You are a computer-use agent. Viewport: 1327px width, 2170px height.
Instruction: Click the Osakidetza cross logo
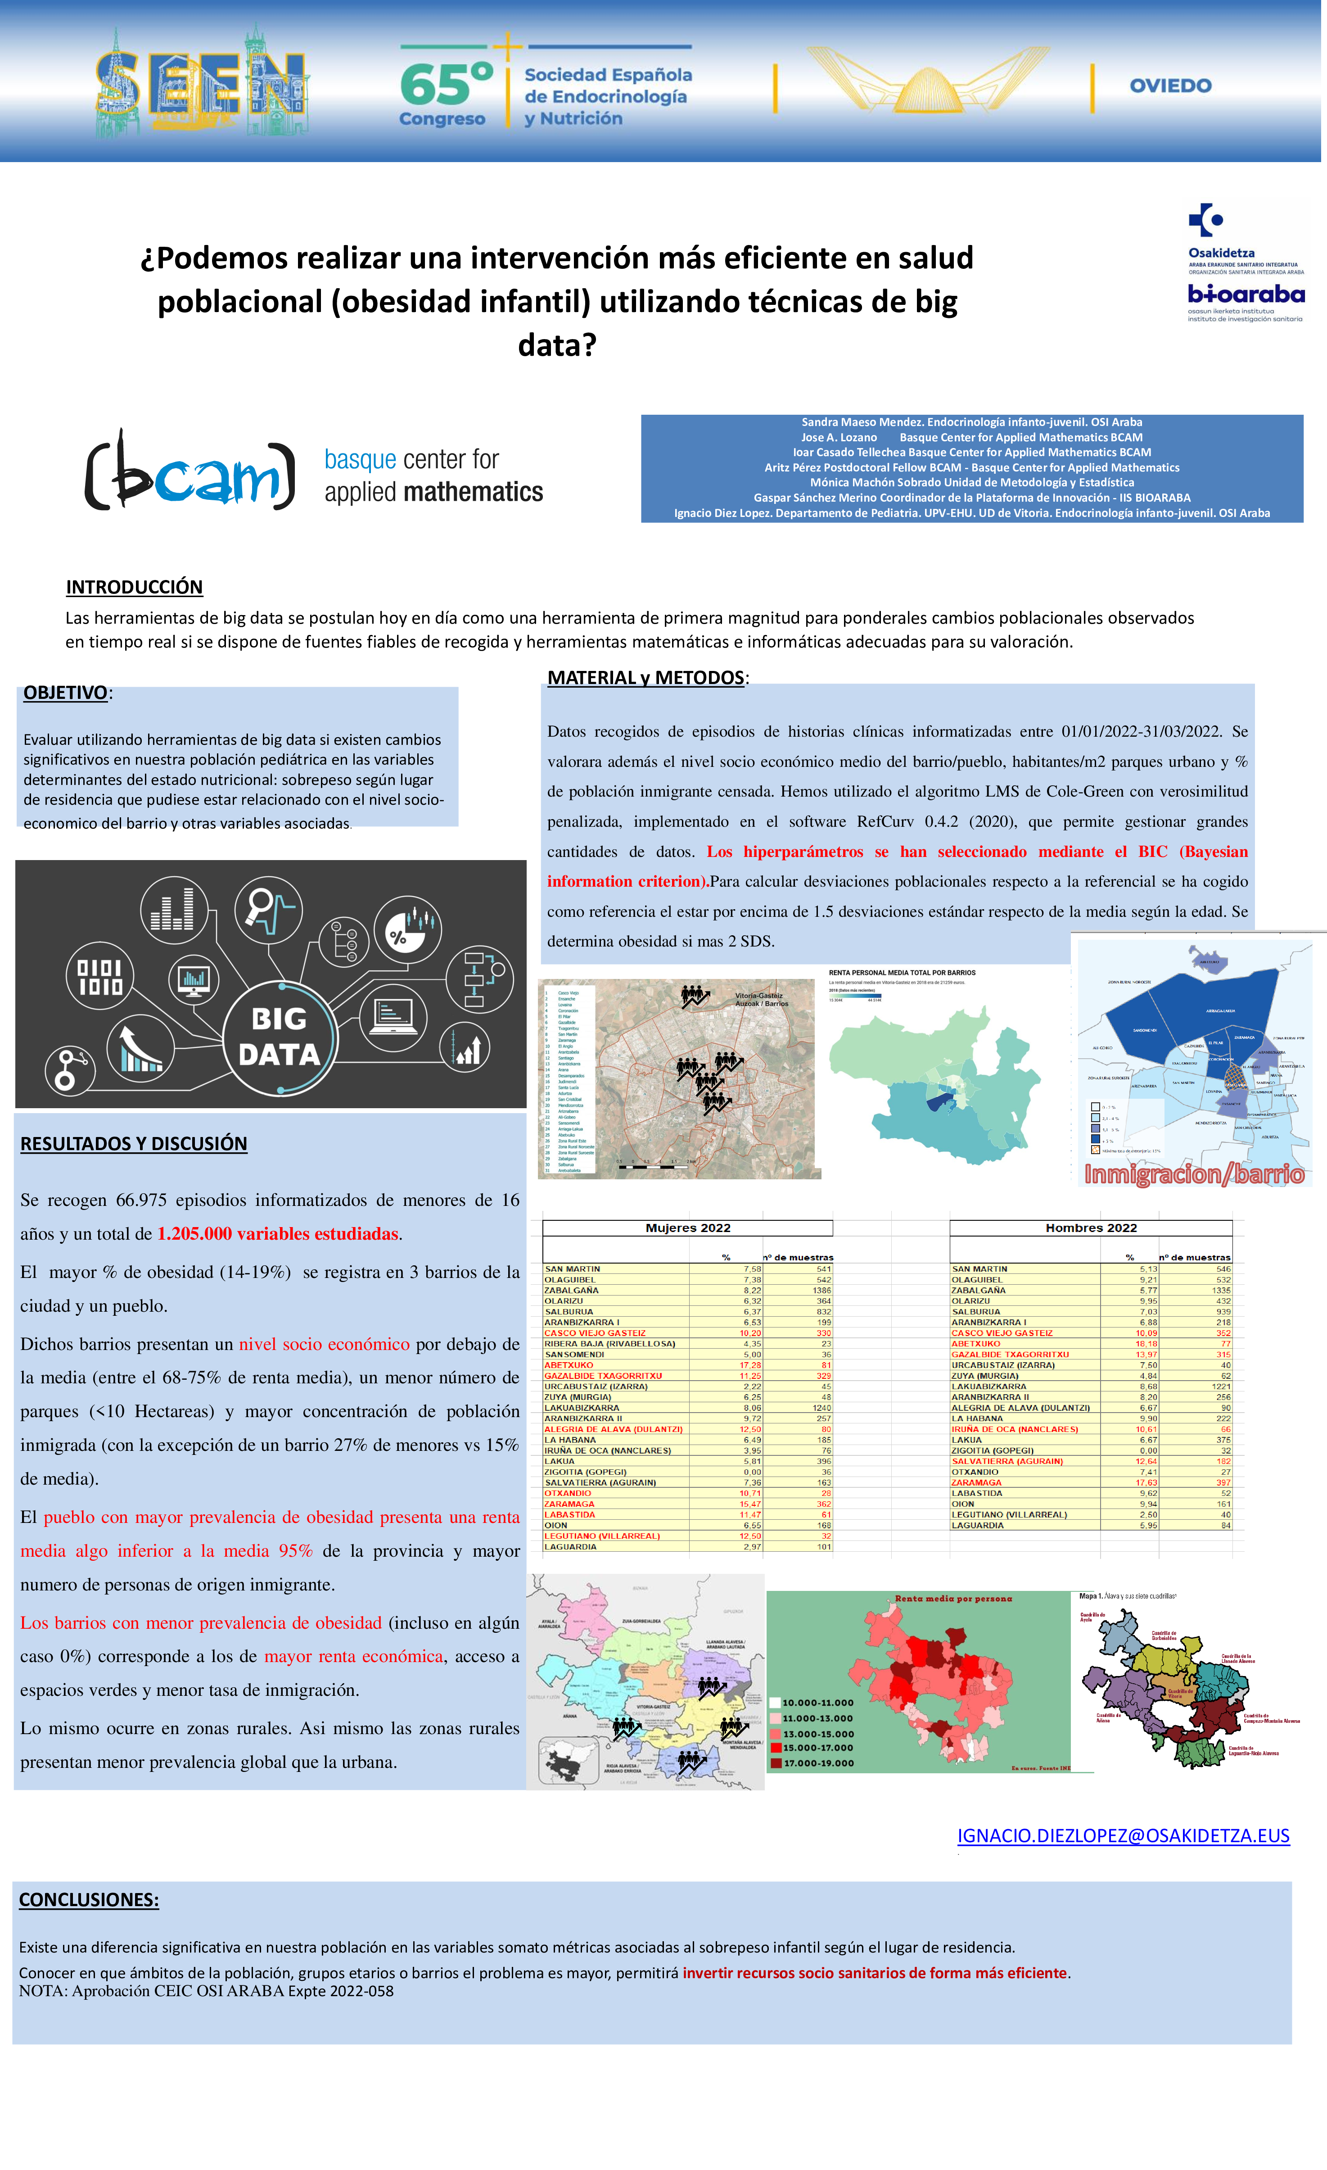click(x=1205, y=220)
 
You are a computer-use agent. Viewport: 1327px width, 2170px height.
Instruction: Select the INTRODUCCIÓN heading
click(x=134, y=587)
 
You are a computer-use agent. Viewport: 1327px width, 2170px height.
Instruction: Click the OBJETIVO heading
click(x=65, y=693)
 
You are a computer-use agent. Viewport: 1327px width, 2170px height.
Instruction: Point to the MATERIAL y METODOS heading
click(x=645, y=678)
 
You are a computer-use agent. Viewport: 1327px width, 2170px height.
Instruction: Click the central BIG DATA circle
click(x=279, y=1037)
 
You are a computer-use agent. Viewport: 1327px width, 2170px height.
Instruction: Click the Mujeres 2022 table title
click(x=688, y=1228)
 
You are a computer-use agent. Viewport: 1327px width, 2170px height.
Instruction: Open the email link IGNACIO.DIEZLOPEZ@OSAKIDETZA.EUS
click(x=1123, y=1835)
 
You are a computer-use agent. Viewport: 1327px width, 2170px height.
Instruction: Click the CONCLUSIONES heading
click(x=89, y=1900)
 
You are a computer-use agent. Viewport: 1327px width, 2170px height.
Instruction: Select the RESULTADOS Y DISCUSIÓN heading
click(x=134, y=1144)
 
